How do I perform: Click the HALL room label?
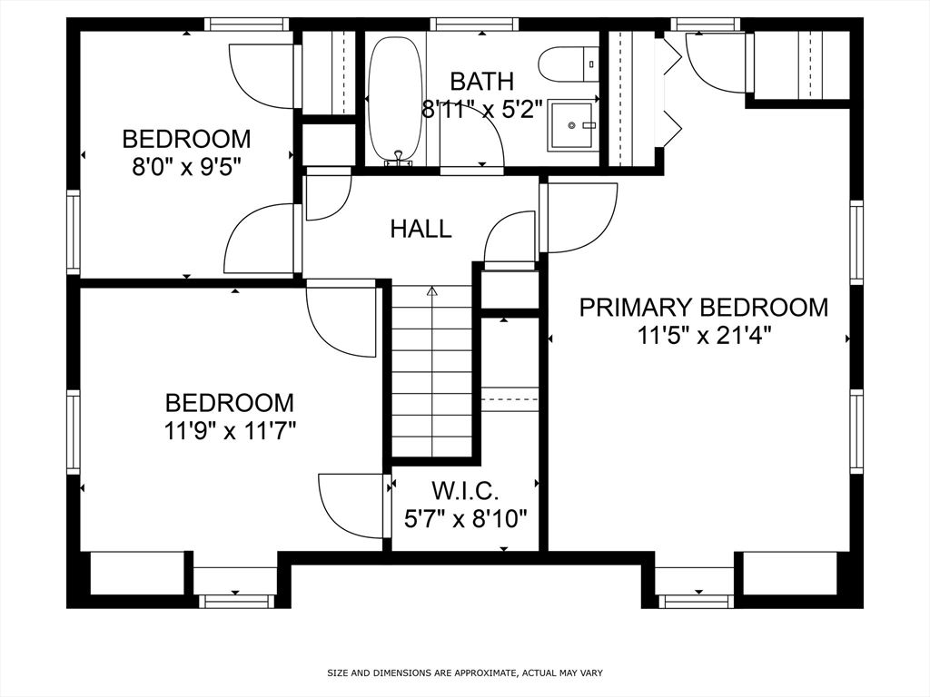421,228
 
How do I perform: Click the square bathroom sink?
572,125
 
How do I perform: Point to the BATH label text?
481,81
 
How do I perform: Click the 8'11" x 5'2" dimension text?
482,110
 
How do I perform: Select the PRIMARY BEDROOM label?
704,308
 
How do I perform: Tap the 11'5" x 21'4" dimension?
704,336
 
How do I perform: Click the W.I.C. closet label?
465,491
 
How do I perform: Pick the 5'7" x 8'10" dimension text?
466,520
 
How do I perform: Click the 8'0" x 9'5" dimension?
187,167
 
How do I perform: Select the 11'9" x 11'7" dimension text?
230,431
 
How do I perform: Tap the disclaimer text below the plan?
465,672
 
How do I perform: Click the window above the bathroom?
474,25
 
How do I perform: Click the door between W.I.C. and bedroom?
354,506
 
